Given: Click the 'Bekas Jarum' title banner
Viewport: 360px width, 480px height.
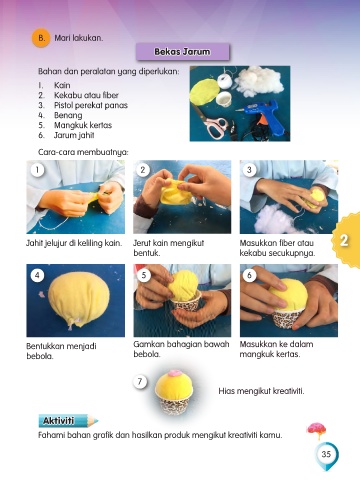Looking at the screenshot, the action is click(183, 52).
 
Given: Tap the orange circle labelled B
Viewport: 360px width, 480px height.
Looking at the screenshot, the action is click(41, 38).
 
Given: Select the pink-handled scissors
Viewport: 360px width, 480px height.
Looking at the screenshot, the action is click(212, 124).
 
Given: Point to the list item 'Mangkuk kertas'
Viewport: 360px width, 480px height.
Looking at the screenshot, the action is click(83, 125).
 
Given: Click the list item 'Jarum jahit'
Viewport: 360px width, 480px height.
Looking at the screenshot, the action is click(74, 135).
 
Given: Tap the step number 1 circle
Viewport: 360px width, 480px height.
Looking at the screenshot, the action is click(37, 170).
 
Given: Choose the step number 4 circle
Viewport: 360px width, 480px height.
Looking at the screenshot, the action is click(37, 275).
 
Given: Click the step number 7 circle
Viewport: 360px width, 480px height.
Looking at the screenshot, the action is click(140, 381).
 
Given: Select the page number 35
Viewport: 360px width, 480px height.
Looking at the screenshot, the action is click(326, 454).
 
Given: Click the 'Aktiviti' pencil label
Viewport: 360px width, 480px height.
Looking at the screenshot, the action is click(68, 421).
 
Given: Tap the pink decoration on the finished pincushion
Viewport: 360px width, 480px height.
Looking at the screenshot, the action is click(174, 373).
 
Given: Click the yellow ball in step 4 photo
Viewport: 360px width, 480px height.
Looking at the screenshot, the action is click(79, 302).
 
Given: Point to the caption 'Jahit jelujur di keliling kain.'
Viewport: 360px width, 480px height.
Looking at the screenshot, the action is click(74, 243).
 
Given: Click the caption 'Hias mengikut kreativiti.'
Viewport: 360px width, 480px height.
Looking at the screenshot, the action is click(261, 391).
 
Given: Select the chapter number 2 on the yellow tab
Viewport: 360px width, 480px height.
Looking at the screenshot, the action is click(344, 240).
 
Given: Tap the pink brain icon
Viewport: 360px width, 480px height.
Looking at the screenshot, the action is click(316, 430).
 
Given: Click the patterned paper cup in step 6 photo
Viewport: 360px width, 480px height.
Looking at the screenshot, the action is click(288, 318).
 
